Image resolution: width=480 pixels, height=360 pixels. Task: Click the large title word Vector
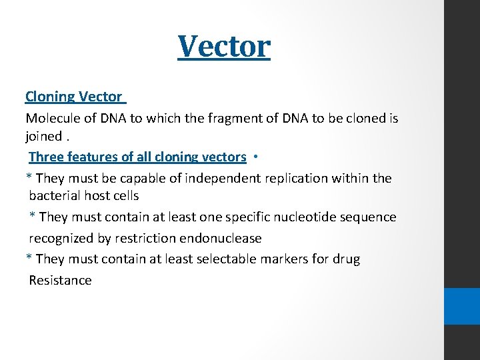(x=224, y=46)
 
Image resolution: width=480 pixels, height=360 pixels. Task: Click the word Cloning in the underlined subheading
(x=50, y=97)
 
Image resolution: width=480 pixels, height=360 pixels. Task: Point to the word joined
(x=43, y=137)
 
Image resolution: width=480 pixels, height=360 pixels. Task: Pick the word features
(x=93, y=157)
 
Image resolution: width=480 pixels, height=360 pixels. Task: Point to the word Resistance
(x=60, y=281)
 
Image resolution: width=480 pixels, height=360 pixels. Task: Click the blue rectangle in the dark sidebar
(x=462, y=306)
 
